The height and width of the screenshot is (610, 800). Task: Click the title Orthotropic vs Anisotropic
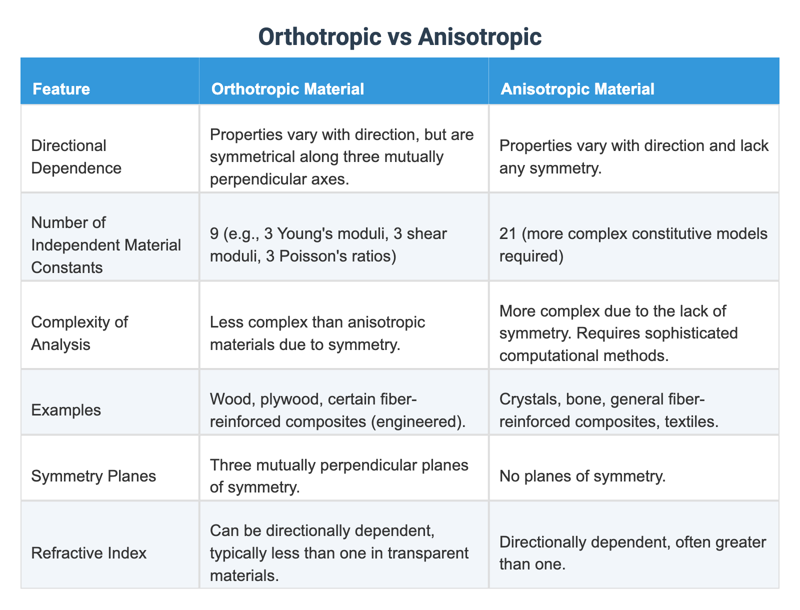[399, 38]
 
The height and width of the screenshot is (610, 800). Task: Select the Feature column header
[61, 89]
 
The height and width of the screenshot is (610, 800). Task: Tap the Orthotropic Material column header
[287, 89]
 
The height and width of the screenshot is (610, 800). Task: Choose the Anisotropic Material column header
[577, 89]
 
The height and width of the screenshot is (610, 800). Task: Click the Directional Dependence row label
[76, 156]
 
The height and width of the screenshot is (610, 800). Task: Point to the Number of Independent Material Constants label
[106, 245]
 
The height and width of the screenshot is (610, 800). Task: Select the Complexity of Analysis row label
[79, 333]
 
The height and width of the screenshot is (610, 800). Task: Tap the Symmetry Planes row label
[93, 476]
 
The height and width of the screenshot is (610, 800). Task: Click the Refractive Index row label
[88, 553]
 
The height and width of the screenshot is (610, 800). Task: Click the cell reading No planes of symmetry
[582, 476]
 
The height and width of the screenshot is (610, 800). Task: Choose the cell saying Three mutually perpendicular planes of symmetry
[339, 476]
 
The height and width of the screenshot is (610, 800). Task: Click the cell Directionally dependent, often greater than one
[632, 553]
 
